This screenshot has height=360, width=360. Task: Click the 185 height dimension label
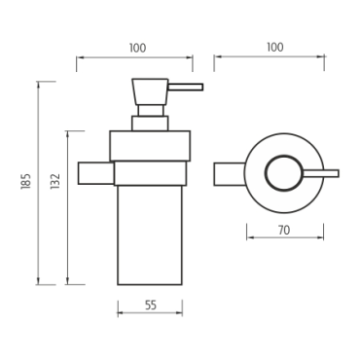[x=25, y=182]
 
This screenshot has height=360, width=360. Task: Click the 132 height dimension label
[x=55, y=182]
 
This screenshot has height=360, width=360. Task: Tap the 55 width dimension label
[x=151, y=306]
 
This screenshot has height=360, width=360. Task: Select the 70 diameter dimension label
[x=284, y=231]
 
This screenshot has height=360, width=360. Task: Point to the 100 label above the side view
[x=137, y=48]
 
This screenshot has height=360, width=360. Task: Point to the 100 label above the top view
[x=275, y=48]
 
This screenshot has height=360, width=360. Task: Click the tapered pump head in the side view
[x=150, y=91]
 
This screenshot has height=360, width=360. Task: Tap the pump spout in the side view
[x=186, y=88]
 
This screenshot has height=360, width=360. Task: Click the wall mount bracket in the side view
[x=96, y=173]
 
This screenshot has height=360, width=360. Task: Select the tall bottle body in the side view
[x=150, y=235]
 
